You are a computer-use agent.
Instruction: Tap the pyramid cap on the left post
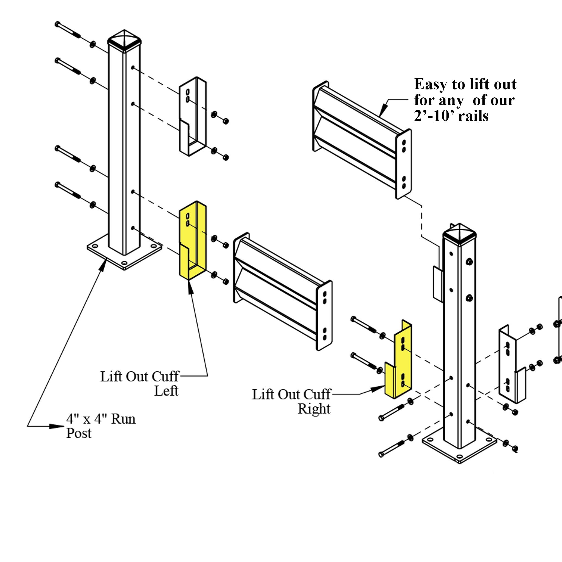pyautogui.click(x=124, y=39)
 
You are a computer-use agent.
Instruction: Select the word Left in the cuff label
pyautogui.click(x=166, y=391)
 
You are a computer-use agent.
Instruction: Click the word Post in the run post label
pyautogui.click(x=79, y=433)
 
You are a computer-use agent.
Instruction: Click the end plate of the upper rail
pyautogui.click(x=404, y=164)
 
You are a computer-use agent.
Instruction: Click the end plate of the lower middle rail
pyautogui.click(x=325, y=316)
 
